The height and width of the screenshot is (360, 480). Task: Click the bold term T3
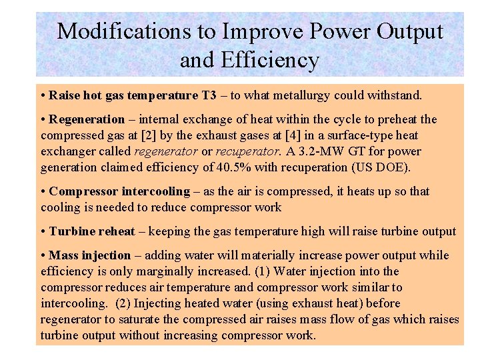[x=209, y=95]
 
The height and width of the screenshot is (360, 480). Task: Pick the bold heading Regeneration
[x=87, y=119]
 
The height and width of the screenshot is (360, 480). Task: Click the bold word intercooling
[x=156, y=191]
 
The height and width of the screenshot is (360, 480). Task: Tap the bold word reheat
[x=117, y=231]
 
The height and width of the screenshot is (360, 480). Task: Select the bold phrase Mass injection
[x=90, y=255]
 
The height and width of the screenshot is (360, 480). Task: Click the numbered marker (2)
[x=123, y=303]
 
